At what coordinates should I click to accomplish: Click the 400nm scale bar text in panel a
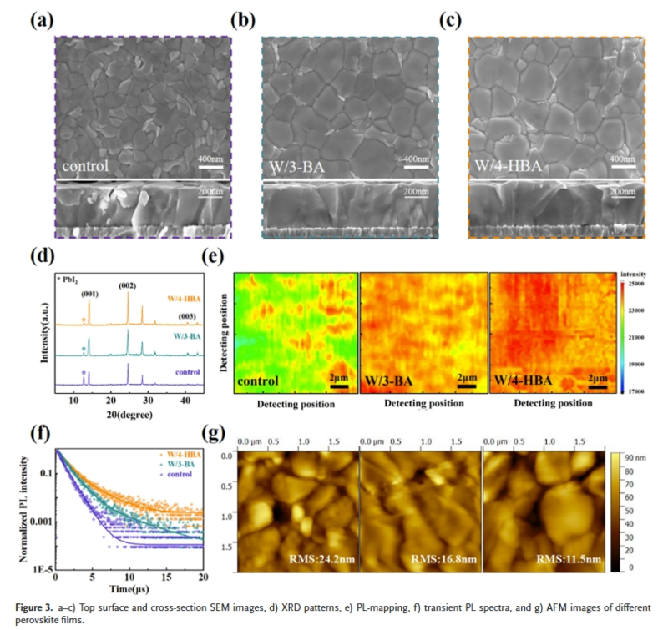[209, 159]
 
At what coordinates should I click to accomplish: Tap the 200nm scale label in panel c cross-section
[623, 192]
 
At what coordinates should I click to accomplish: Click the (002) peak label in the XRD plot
[128, 287]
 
